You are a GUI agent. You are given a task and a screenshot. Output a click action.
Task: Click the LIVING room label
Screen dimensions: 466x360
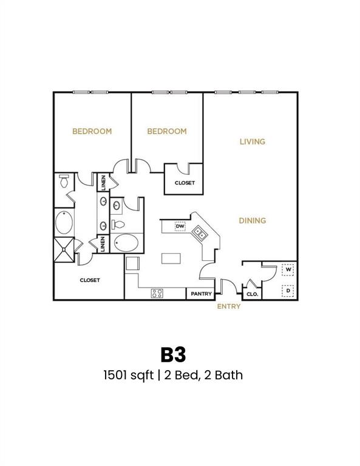252,142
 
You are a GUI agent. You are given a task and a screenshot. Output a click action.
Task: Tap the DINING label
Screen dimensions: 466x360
252,221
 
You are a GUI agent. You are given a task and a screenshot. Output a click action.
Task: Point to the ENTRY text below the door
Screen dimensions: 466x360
229,306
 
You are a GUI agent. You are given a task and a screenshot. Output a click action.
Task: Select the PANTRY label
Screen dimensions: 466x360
201,294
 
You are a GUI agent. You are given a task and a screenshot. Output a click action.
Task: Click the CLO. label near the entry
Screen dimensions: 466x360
252,294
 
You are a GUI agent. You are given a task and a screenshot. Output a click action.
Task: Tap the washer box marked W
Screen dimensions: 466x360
288,268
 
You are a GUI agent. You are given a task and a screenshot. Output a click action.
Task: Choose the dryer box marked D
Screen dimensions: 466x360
288,291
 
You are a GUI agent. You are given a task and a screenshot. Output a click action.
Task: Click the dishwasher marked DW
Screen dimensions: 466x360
180,226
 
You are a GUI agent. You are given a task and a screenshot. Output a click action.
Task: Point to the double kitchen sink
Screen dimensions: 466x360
199,232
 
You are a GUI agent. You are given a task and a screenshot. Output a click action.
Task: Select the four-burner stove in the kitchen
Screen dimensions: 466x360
157,294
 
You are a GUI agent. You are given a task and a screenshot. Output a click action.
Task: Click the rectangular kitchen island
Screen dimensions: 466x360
171,258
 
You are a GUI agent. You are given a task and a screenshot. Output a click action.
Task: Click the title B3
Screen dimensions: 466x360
173,354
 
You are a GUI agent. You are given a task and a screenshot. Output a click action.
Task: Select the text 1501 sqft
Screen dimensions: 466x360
129,375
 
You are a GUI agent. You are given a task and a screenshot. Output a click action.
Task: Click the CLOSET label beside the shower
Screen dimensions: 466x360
89,280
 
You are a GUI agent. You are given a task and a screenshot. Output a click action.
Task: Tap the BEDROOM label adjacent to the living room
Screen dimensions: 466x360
167,132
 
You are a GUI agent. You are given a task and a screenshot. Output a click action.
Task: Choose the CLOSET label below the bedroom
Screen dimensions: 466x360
185,183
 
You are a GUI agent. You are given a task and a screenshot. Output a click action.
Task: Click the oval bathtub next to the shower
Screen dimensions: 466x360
64,223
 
